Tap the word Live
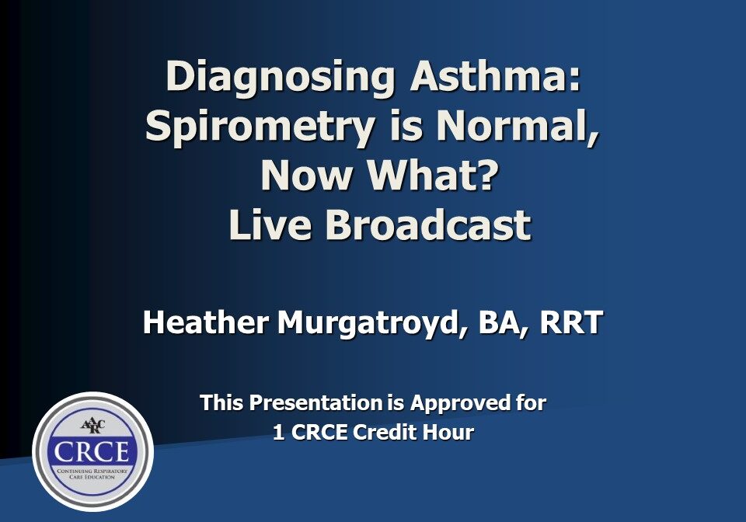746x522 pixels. (270, 225)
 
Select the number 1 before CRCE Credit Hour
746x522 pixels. (278, 433)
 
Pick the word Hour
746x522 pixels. (448, 433)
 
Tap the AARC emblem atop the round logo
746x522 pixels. (92, 426)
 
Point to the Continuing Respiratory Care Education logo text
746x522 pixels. (92, 472)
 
